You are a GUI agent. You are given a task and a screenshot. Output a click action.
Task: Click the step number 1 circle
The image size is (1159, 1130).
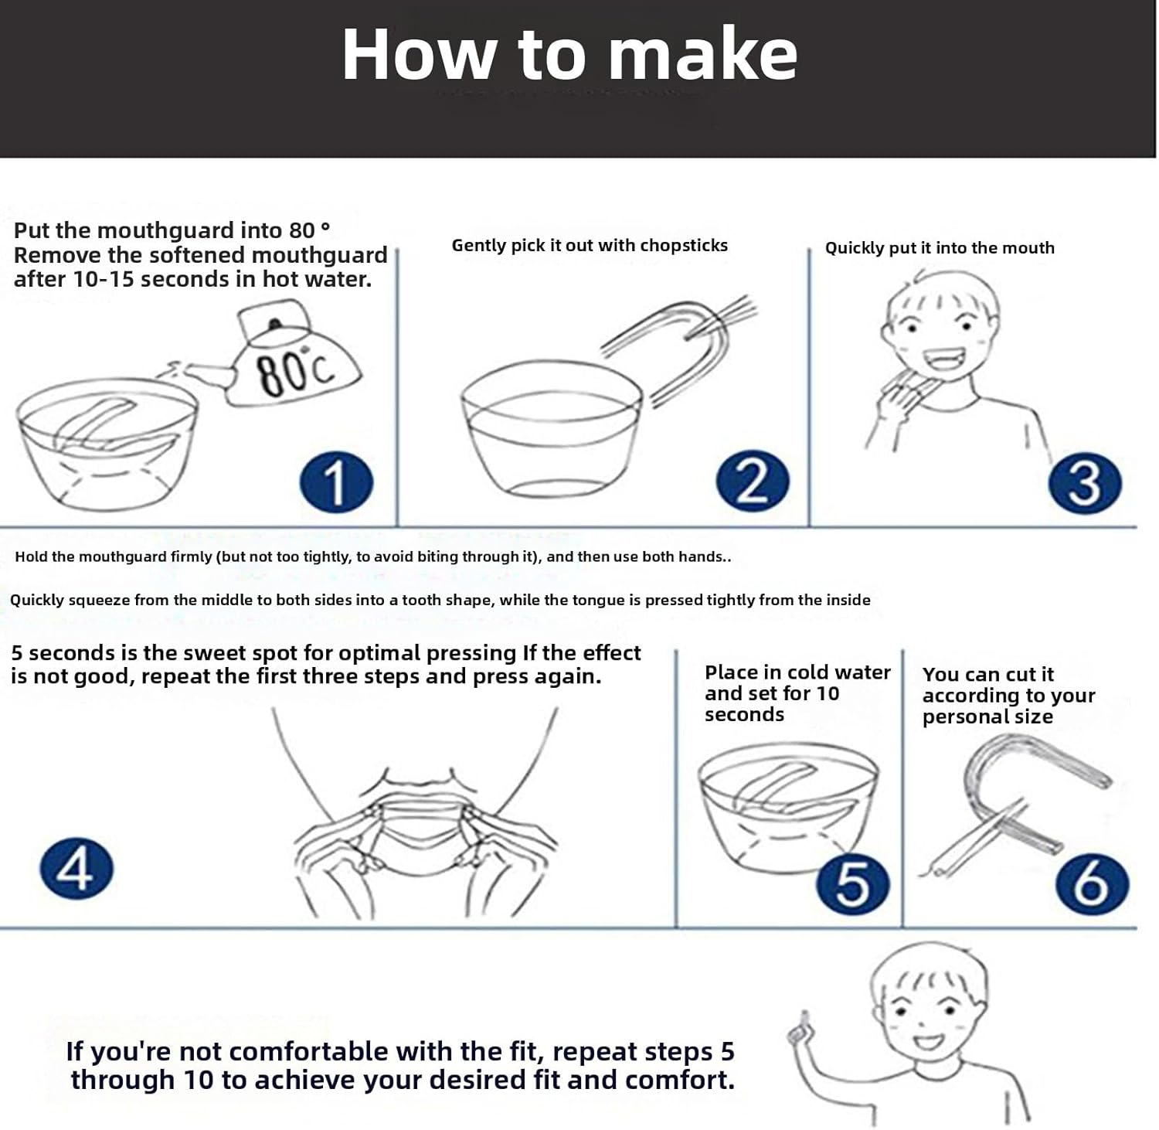336,482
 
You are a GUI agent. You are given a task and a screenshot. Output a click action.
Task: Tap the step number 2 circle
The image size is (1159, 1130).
753,481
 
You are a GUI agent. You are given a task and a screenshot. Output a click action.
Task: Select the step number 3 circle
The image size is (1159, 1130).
1085,483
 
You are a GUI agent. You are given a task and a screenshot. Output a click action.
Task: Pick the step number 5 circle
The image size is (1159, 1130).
853,883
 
